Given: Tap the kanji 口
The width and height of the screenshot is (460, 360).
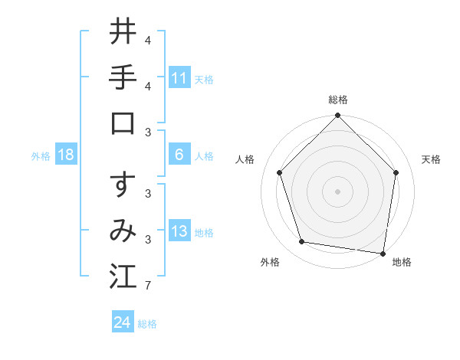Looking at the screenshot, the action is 123,122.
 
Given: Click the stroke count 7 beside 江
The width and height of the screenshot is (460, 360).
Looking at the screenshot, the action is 148,286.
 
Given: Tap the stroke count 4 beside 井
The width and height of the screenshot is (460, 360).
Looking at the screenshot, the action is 148,40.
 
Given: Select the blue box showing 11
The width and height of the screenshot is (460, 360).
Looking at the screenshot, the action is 179,77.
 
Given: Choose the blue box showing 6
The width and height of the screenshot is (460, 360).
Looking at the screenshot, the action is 179,155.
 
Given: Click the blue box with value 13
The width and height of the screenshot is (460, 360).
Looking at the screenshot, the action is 179,231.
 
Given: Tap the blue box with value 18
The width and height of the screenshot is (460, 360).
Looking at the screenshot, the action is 66,155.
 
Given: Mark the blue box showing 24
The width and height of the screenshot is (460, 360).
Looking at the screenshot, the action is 123,322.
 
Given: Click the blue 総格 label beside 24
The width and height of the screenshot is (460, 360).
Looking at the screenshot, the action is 147,323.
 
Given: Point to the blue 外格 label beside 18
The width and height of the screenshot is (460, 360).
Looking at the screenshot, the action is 41,155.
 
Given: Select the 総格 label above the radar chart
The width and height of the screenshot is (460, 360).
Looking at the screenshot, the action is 338,100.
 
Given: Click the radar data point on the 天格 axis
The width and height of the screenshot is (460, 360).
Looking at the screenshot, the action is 396,172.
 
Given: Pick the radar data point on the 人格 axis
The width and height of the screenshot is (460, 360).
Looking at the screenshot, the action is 280,172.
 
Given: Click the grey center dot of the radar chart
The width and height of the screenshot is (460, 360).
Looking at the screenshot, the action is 338,191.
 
